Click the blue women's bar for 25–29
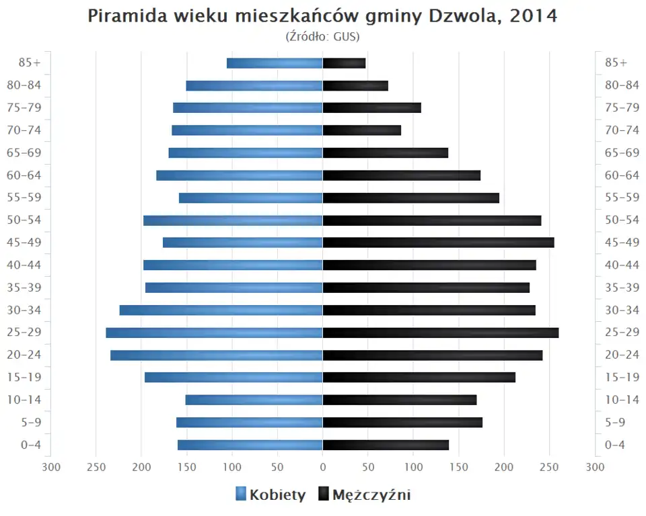pyautogui.click(x=214, y=333)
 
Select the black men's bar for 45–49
pyautogui.click(x=438, y=243)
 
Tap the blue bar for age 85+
pyautogui.click(x=275, y=63)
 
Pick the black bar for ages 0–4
pyautogui.click(x=386, y=445)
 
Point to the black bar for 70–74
pyautogui.click(x=362, y=130)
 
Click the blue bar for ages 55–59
pyautogui.click(x=250, y=198)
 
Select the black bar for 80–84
pyautogui.click(x=355, y=85)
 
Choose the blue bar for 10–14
pyautogui.click(x=254, y=400)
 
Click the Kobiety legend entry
pyautogui.click(x=271, y=495)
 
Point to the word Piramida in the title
pyautogui.click(x=126, y=16)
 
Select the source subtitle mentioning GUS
pyautogui.click(x=322, y=36)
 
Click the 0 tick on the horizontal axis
pyautogui.click(x=322, y=466)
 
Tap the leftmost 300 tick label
pyautogui.click(x=51, y=466)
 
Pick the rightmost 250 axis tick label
pyautogui.click(x=549, y=466)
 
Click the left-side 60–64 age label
pyautogui.click(x=24, y=175)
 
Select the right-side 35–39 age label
pyautogui.click(x=622, y=288)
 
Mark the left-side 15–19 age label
pyautogui.click(x=24, y=377)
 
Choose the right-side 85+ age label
pyautogui.click(x=616, y=62)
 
